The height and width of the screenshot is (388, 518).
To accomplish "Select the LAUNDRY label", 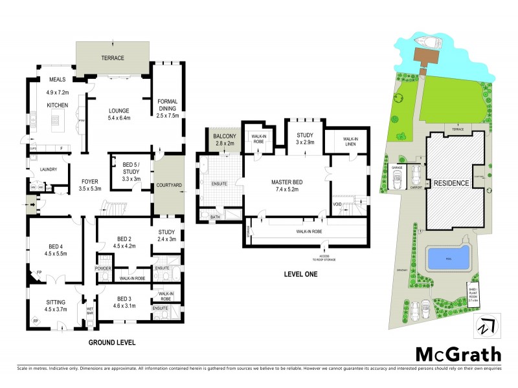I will pyautogui.click(x=49, y=170).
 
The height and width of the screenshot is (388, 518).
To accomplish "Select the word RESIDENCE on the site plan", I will pyautogui.click(x=451, y=183).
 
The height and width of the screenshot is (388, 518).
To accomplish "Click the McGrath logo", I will pyautogui.click(x=457, y=354).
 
